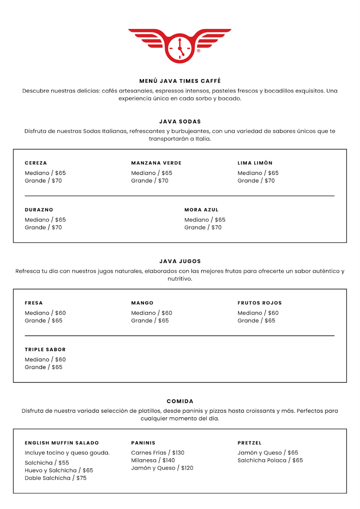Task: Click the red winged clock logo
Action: pyautogui.click(x=180, y=45)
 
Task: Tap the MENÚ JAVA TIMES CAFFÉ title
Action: pyautogui.click(x=180, y=81)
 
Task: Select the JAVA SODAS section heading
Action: pyautogui.click(x=180, y=122)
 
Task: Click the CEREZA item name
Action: pyautogui.click(x=36, y=163)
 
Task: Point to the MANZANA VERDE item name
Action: pyautogui.click(x=156, y=163)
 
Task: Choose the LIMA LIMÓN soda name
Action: pyautogui.click(x=255, y=163)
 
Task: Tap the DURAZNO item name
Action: pyautogui.click(x=39, y=210)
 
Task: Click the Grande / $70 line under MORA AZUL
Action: pyautogui.click(x=203, y=228)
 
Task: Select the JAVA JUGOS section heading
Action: pyautogui.click(x=180, y=261)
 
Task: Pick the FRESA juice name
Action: pyautogui.click(x=34, y=303)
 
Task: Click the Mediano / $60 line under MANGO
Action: pyautogui.click(x=152, y=313)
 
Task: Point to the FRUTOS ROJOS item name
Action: pyautogui.click(x=260, y=303)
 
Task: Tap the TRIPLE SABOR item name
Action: pyautogui.click(x=45, y=350)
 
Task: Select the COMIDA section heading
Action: pyautogui.click(x=180, y=401)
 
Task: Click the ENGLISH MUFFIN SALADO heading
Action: pyautogui.click(x=62, y=443)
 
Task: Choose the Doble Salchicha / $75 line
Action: pyautogui.click(x=56, y=478)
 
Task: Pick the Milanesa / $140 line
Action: pyautogui.click(x=153, y=460)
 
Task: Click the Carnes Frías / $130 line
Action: pyautogui.click(x=158, y=453)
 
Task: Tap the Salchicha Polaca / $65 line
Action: pyautogui.click(x=270, y=460)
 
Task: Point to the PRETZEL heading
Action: pyautogui.click(x=250, y=443)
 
